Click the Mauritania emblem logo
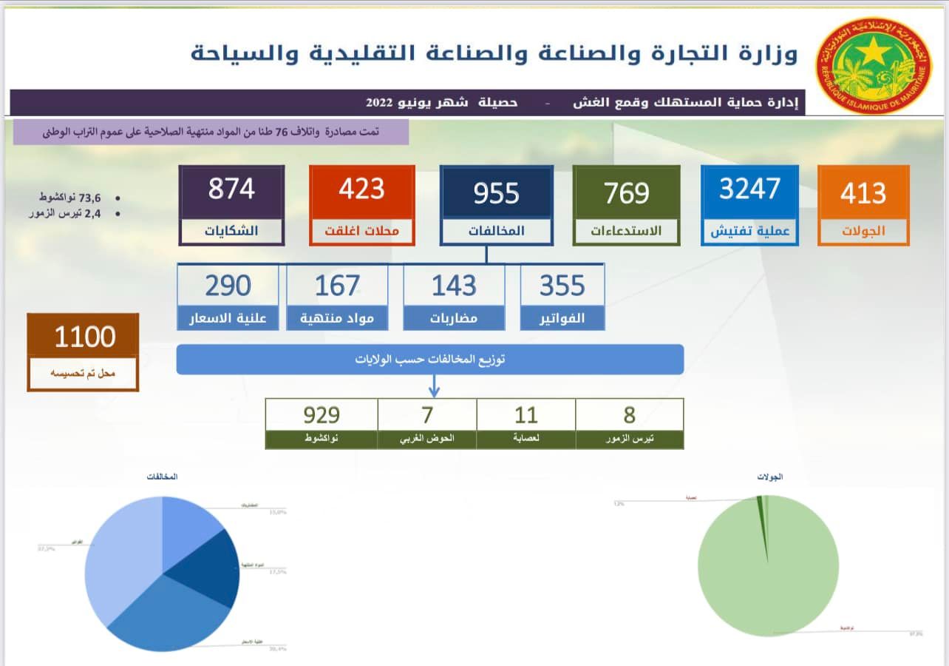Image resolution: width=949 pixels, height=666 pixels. [874, 66]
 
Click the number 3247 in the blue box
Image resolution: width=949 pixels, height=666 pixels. [749, 189]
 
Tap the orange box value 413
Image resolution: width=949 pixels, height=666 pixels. [863, 194]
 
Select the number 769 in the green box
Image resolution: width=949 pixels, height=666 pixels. [626, 193]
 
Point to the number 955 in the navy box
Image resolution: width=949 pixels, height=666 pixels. [496, 194]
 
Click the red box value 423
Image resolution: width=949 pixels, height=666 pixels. [361, 189]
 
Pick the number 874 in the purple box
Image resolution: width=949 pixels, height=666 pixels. [231, 189]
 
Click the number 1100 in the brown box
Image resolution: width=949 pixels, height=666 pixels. [84, 337]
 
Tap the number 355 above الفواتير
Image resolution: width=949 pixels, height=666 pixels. [562, 286]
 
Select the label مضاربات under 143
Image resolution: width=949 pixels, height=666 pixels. [454, 318]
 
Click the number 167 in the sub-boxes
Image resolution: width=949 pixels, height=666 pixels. [337, 286]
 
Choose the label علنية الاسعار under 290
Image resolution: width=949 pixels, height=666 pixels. [228, 318]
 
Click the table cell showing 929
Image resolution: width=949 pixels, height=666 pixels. [322, 415]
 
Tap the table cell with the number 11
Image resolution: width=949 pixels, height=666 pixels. [525, 415]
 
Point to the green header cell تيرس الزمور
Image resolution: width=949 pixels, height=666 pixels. [629, 439]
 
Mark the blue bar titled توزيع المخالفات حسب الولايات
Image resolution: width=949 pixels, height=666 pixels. [429, 360]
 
